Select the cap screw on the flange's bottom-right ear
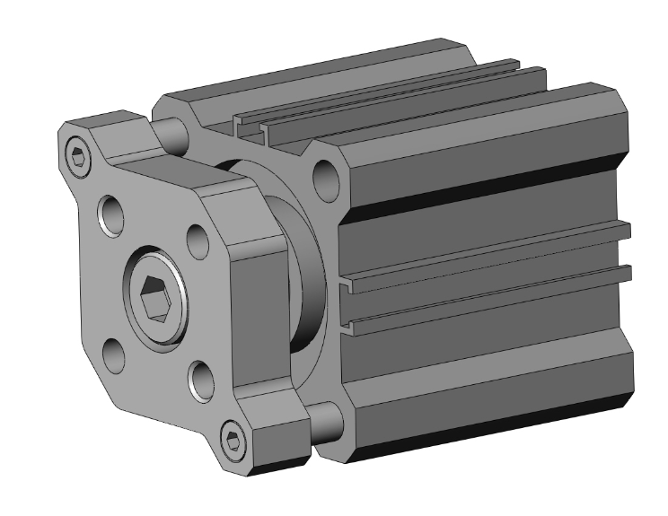pyautogui.click(x=234, y=440)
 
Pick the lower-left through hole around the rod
pyautogui.click(x=113, y=354)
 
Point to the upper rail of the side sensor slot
pyautogui.click(x=485, y=247)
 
